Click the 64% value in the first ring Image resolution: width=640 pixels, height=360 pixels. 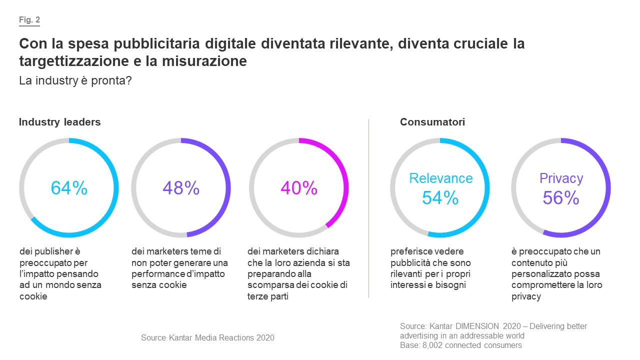(x=69, y=188)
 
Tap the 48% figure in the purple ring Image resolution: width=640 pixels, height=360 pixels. (x=181, y=188)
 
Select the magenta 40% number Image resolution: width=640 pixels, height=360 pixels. (x=299, y=188)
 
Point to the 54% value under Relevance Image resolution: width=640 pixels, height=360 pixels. (x=440, y=198)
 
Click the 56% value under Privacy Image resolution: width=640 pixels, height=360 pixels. (x=561, y=198)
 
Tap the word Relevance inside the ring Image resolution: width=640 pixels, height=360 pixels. (x=440, y=178)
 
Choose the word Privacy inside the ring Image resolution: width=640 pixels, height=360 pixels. (x=561, y=178)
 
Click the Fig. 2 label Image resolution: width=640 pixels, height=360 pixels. (x=29, y=20)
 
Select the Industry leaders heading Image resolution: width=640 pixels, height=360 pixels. (x=59, y=122)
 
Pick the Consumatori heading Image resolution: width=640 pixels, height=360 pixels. (x=432, y=122)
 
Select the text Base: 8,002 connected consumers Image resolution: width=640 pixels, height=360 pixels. (x=460, y=345)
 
